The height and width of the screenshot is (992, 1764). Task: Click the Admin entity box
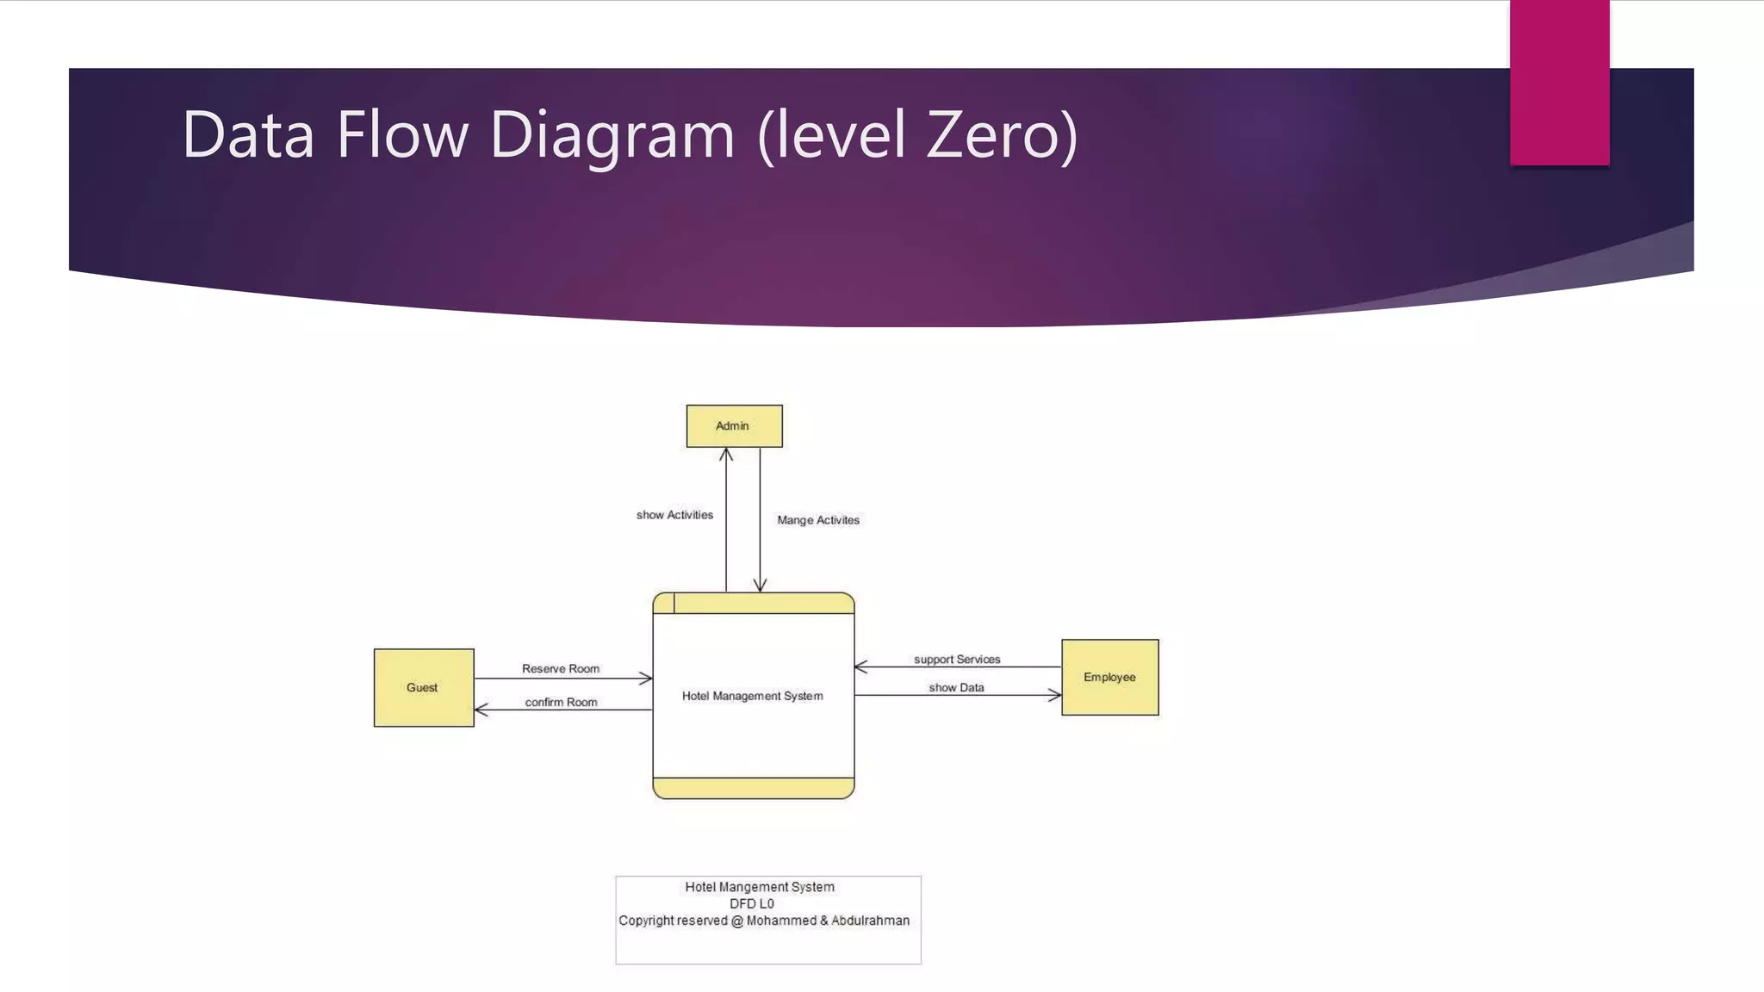[734, 426]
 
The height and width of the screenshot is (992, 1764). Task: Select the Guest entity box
[423, 687]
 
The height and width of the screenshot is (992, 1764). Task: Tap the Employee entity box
[1109, 677]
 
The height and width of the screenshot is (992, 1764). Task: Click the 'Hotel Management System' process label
[752, 696]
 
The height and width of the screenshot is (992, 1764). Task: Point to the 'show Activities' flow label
[674, 515]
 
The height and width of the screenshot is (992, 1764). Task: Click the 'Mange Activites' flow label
[817, 520]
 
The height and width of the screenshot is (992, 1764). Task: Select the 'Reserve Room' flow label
[560, 669]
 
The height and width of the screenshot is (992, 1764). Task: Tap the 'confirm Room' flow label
[561, 703]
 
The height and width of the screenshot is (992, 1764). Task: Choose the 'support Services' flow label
[956, 660]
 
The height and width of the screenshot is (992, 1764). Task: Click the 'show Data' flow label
[956, 688]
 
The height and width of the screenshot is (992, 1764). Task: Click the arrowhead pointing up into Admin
[726, 454]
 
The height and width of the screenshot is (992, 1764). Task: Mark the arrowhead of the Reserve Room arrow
[646, 679]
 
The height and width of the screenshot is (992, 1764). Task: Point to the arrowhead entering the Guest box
[481, 710]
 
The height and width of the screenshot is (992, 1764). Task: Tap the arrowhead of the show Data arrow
[1055, 695]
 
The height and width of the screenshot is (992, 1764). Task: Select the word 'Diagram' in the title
[612, 135]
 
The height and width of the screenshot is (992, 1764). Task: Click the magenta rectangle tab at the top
[1559, 82]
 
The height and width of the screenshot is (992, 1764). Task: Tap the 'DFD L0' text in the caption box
[751, 904]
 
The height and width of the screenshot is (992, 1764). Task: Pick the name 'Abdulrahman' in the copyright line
[870, 921]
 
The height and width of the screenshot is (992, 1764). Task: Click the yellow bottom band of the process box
[753, 788]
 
